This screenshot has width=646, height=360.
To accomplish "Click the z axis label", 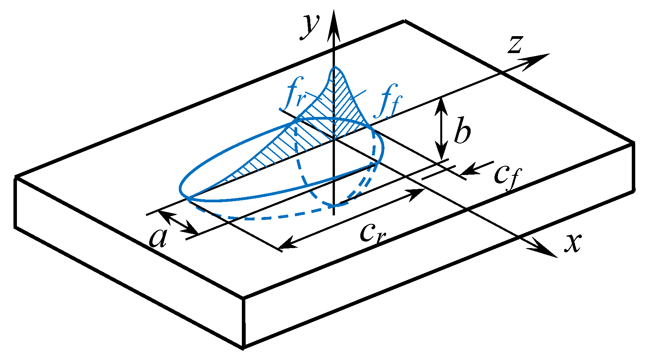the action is pos(514,44).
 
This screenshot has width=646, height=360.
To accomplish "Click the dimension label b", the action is pos(462,133).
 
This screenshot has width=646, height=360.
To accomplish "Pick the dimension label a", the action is pos(158,238).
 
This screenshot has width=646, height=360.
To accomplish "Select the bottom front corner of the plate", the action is pos(243,348).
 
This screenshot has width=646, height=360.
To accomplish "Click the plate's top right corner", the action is pos(633,143).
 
